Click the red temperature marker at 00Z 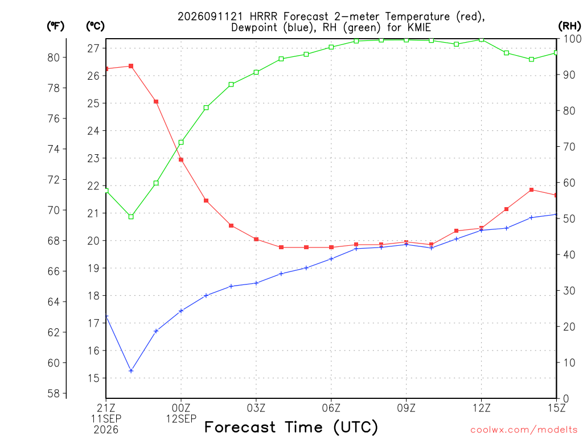coord(181,160)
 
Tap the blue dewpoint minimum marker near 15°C coord(131,371)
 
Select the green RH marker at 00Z coord(181,142)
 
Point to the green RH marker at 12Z coord(482,39)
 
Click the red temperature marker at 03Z coord(256,240)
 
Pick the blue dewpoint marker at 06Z coord(331,259)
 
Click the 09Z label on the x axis coord(406,408)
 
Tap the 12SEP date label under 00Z coord(181,419)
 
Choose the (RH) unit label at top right coord(569,26)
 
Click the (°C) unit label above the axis coord(95,26)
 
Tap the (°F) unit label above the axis coord(55,26)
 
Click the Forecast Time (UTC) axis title coord(291,427)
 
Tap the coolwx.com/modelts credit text coord(524,430)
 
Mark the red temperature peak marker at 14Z coord(531,190)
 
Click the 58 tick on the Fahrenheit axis coord(54,394)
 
